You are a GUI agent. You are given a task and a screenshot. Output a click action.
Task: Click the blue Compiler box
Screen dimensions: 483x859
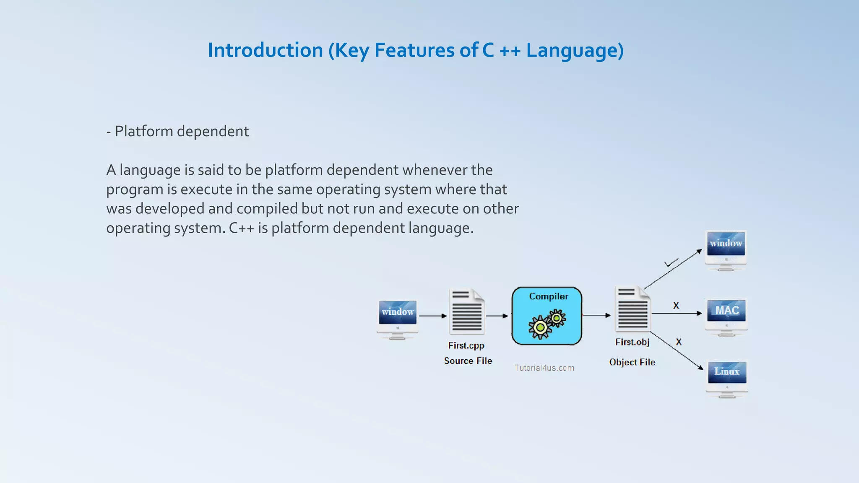[x=547, y=316]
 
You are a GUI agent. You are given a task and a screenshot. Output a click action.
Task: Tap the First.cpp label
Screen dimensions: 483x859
[x=466, y=345]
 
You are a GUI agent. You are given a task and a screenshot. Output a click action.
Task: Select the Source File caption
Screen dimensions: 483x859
[x=468, y=361]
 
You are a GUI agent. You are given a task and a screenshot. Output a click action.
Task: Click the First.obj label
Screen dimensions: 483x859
[x=632, y=342]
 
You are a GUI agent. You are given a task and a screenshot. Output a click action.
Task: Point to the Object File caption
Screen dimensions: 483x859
[x=632, y=362]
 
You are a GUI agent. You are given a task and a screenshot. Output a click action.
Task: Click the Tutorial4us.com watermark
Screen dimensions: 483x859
[x=544, y=368]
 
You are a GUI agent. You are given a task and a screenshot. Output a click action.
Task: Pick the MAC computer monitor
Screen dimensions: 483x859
[x=726, y=317]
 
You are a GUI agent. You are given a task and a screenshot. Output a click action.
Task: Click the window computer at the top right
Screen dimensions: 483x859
[x=726, y=249]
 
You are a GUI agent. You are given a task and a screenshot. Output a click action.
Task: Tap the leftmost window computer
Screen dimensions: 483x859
[x=397, y=319]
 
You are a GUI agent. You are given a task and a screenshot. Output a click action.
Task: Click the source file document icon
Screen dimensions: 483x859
[x=467, y=311]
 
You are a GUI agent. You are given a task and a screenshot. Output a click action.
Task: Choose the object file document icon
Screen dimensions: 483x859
[x=633, y=309]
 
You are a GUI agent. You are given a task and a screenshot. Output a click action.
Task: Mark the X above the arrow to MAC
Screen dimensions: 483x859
[x=676, y=306]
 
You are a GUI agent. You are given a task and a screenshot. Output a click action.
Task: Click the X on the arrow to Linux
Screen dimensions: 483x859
[x=679, y=342]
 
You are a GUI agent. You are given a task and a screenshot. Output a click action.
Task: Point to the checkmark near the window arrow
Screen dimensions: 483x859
[x=671, y=263]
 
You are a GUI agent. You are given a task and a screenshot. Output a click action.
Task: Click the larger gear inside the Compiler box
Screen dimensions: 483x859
[x=540, y=327]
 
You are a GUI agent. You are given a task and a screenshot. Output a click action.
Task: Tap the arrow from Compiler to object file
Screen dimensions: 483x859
[x=596, y=315]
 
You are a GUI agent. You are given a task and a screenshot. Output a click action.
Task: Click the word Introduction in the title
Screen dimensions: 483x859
[x=265, y=50]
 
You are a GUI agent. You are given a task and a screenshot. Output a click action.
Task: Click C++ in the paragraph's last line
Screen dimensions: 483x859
[x=241, y=228]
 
